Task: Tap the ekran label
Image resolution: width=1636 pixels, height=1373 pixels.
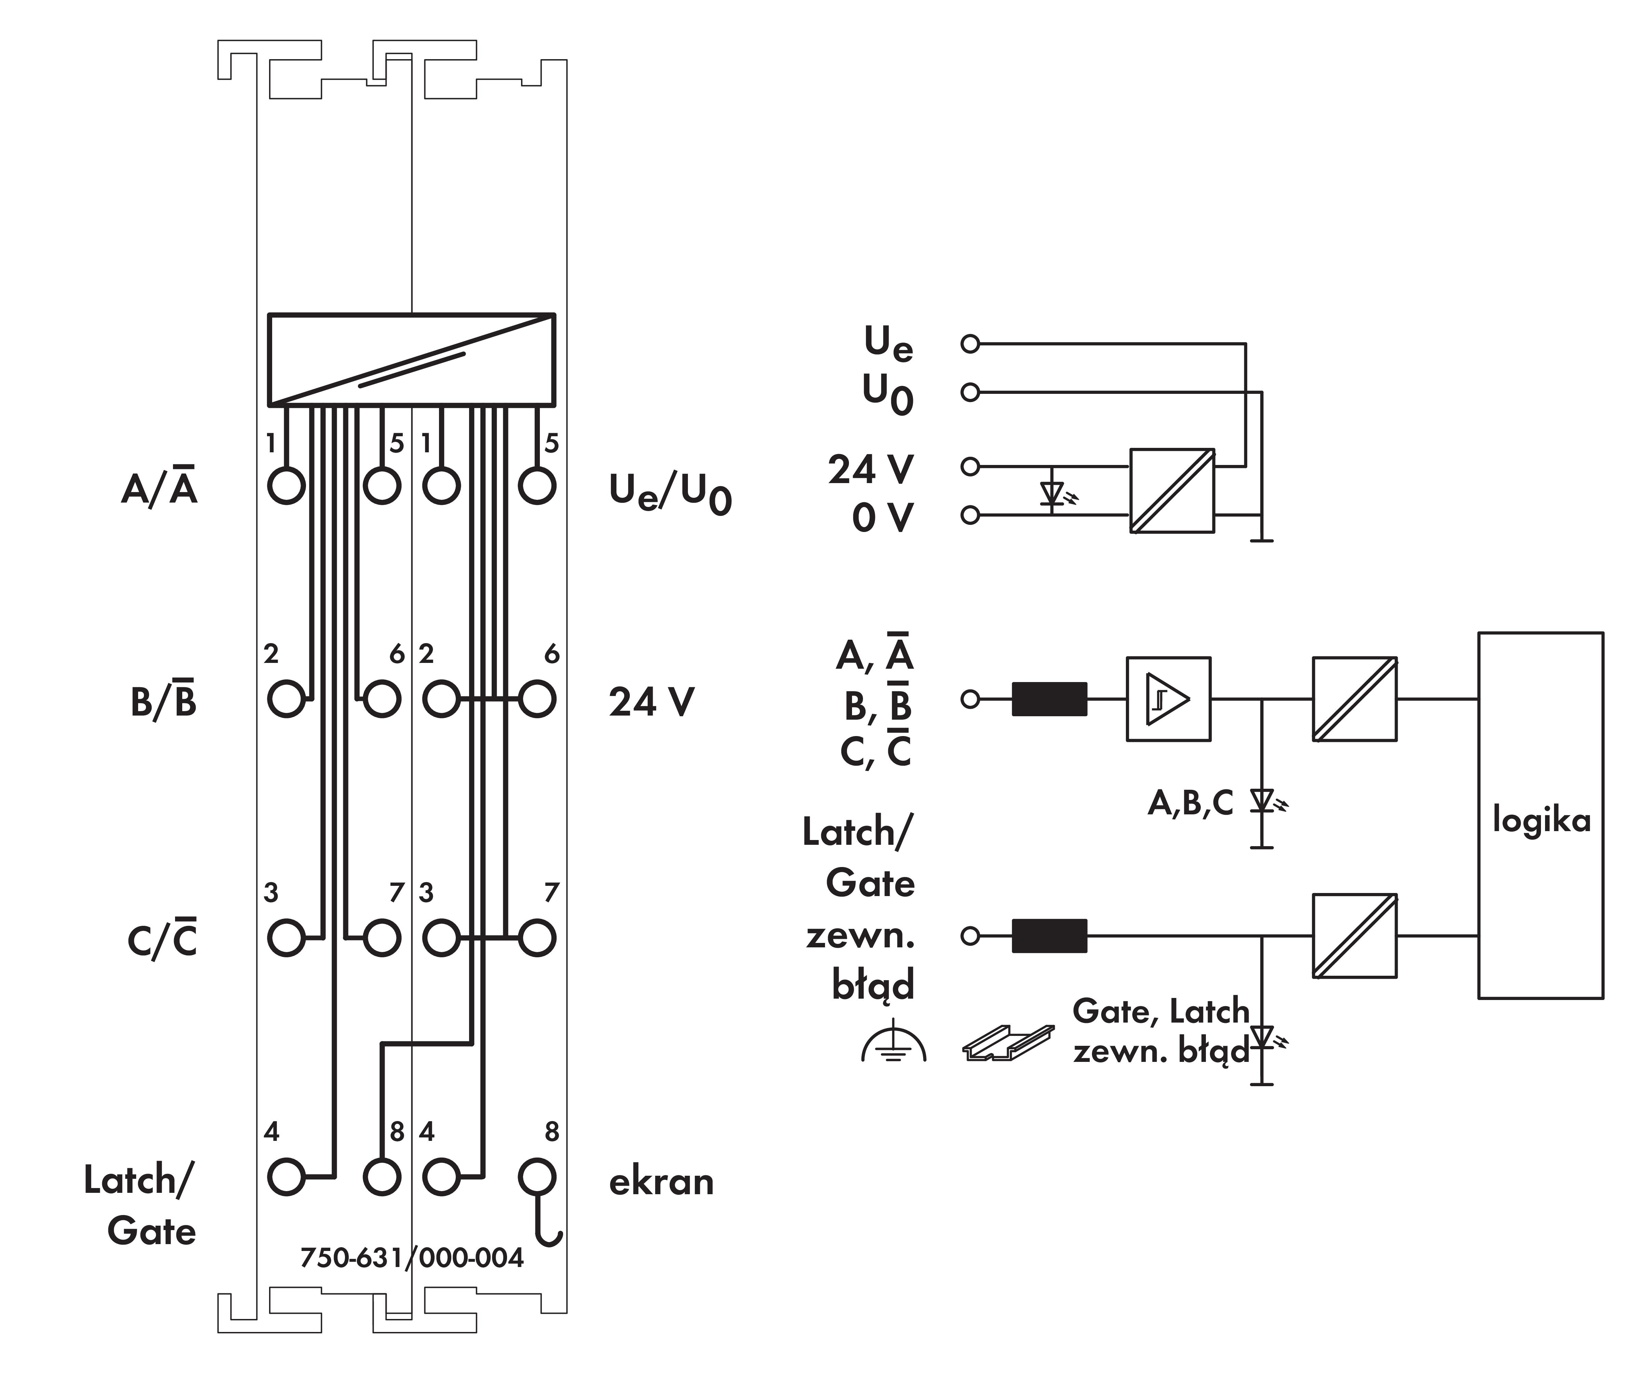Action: click(661, 1182)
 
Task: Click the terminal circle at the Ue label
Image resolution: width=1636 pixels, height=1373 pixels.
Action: click(970, 344)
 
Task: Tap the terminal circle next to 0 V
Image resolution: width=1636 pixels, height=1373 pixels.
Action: click(970, 515)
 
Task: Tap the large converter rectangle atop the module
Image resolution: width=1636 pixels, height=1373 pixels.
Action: click(411, 360)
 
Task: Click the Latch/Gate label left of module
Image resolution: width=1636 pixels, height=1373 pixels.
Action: click(140, 1205)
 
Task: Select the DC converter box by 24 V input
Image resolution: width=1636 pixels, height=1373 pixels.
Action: click(1172, 491)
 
